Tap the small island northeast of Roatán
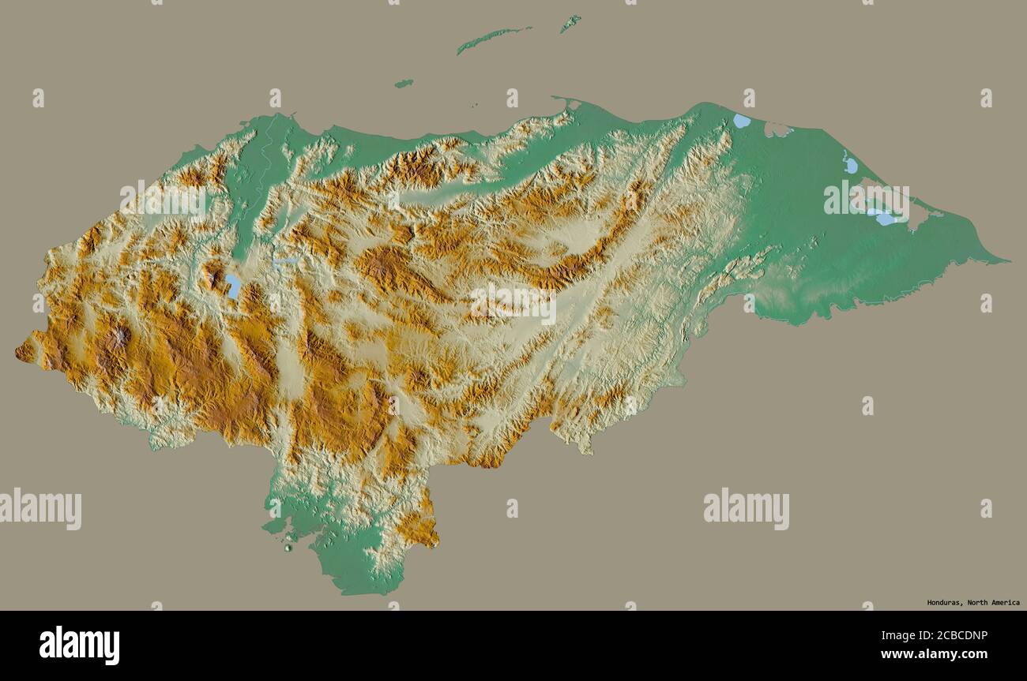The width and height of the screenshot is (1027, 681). (x=570, y=23)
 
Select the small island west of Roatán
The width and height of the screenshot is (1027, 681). (x=404, y=83)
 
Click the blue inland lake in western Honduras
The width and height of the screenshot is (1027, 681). (x=233, y=285)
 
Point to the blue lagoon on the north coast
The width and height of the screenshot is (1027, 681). (x=741, y=121)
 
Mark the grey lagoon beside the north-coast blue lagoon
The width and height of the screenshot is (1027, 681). (x=777, y=128)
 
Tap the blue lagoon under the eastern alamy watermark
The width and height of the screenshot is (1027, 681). (x=883, y=217)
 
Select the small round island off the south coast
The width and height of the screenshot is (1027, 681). (x=288, y=546)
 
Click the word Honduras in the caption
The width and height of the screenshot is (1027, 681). (x=943, y=602)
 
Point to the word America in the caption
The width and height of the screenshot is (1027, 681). (x=1003, y=602)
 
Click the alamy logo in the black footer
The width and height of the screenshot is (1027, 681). (x=79, y=645)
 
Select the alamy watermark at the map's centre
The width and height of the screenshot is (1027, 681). (x=513, y=304)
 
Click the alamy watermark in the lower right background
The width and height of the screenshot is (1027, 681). (x=746, y=509)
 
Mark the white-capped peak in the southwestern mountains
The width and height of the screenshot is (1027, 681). (x=120, y=338)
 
